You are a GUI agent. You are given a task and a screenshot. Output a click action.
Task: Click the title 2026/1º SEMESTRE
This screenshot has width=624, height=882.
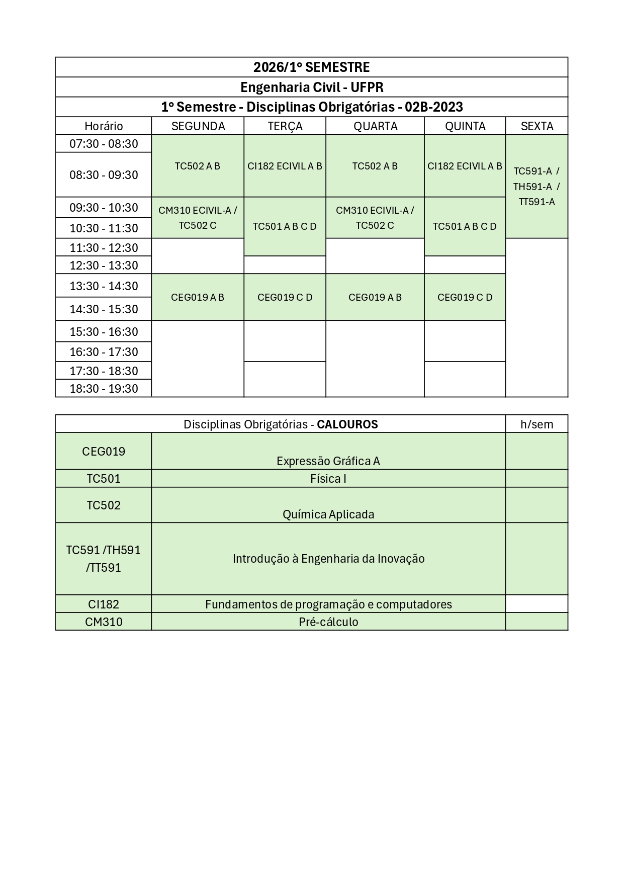pos(311,67)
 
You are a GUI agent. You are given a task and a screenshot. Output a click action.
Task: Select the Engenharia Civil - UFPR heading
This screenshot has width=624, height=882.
pos(311,87)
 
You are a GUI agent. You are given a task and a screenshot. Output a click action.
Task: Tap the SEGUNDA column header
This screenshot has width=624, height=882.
pos(198,126)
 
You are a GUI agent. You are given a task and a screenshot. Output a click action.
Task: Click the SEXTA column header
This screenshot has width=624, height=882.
pos(537,126)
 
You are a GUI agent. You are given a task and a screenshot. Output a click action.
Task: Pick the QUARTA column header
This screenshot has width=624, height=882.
pos(375,126)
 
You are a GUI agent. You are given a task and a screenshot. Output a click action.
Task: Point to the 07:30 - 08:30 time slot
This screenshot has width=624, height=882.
pos(104,144)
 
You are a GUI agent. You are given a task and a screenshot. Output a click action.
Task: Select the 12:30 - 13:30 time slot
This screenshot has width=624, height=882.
pos(104,266)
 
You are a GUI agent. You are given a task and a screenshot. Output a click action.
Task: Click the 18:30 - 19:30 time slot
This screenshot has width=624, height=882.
pos(104,389)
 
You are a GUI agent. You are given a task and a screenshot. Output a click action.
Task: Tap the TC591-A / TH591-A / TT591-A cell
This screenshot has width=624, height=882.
pos(537,187)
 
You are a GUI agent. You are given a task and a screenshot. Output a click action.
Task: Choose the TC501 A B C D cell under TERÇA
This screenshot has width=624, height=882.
pos(285,227)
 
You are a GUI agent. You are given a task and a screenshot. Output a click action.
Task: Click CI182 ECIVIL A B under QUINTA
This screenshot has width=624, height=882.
pos(465,166)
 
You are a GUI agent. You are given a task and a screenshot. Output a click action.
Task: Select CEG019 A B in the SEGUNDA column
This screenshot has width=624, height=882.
pos(198,298)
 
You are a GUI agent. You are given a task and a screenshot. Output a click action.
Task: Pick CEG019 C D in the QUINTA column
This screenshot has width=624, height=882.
pos(465,298)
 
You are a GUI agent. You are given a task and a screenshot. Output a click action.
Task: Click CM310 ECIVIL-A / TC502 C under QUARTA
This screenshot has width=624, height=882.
pos(375,218)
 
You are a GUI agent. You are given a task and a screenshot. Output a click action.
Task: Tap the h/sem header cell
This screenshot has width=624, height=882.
pos(537,424)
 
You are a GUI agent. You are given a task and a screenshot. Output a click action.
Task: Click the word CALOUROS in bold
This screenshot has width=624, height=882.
pos(347,424)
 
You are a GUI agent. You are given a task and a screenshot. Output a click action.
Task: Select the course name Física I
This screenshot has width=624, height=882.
pos(328,479)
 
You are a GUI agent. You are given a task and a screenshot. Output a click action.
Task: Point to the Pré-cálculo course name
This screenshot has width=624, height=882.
pos(328,622)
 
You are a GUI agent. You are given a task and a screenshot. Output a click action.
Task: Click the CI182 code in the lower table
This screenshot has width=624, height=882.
pos(104,604)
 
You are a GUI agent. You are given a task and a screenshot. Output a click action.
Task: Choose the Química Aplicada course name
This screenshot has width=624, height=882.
pos(328,514)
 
